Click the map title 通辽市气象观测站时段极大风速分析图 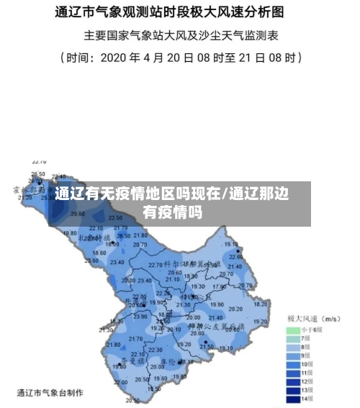pos(179,12)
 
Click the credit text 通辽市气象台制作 pos(50,393)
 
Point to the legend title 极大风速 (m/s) pos(313,318)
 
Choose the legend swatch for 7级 pos(292,337)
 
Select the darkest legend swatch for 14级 pos(292,398)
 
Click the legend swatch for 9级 pos(292,355)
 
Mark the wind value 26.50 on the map pos(37,174)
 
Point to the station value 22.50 pos(115,217)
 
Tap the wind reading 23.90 pos(140,317)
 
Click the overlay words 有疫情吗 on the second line pos(171,213)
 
